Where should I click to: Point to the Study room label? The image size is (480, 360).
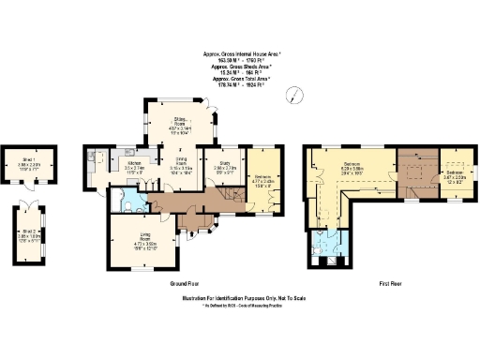pyautogui.click(x=225, y=166)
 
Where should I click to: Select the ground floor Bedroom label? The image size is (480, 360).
pyautogui.click(x=263, y=178)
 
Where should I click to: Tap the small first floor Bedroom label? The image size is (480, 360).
pyautogui.click(x=455, y=175)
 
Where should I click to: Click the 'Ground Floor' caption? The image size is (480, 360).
pyautogui.click(x=183, y=282)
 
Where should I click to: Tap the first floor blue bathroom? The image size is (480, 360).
pyautogui.click(x=324, y=247)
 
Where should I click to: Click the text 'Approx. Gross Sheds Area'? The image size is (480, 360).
pyautogui.click(x=240, y=67)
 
